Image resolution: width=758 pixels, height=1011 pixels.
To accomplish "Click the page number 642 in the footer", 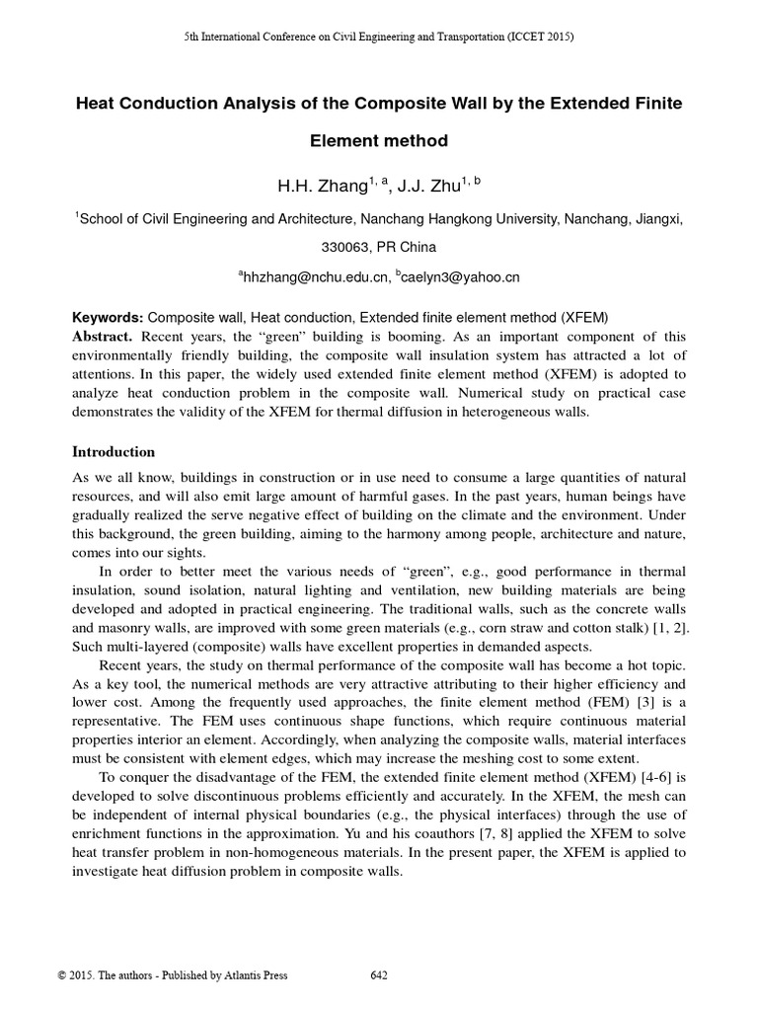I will (378, 976).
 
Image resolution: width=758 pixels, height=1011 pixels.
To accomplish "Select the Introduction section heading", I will (114, 452).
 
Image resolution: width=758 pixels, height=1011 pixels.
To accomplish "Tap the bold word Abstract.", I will (104, 336).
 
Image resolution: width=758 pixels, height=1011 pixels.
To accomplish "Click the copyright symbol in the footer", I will (63, 976).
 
